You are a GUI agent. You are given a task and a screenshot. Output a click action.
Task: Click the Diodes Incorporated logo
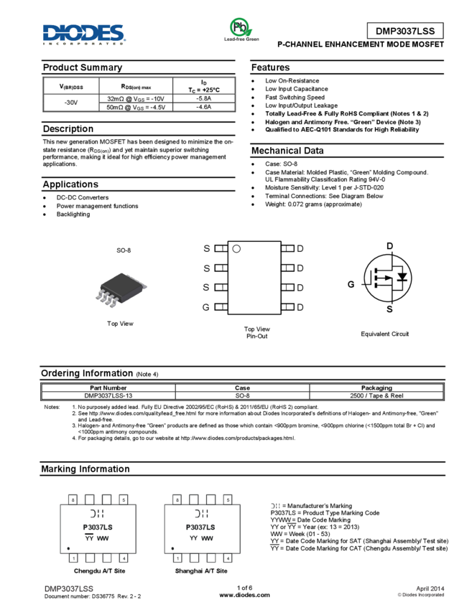[x=84, y=34]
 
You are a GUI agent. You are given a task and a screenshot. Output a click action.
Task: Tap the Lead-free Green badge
[x=241, y=29]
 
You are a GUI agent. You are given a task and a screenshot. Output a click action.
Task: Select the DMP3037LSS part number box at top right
[x=405, y=31]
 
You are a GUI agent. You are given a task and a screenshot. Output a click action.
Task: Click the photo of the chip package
[x=121, y=290]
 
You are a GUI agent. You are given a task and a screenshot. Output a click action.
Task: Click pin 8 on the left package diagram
[x=73, y=499]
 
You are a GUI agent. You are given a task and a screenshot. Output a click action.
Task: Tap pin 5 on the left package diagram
[x=124, y=499]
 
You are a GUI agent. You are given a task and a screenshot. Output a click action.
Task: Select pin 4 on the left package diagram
[x=124, y=558]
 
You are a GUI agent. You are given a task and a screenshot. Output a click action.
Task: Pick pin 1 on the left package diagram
[x=73, y=558]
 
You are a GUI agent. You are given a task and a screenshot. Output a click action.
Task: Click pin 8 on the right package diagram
[x=177, y=499]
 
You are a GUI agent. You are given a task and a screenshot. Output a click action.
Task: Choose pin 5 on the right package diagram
[x=228, y=499]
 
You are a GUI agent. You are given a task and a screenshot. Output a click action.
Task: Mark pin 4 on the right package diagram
[x=228, y=558]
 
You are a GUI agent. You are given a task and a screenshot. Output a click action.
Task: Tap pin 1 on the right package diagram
[x=177, y=558]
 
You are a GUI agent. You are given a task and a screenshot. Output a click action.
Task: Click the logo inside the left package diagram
[x=97, y=514]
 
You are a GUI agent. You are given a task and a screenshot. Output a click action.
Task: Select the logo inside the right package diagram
[x=201, y=514]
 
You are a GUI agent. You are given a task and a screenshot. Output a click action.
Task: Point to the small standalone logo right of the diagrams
[x=274, y=506]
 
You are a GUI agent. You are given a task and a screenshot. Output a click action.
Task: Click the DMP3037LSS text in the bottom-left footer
[x=69, y=588]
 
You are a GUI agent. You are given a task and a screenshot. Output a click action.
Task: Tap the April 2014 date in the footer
[x=430, y=588]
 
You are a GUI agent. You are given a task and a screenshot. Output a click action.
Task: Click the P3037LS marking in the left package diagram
[x=98, y=527]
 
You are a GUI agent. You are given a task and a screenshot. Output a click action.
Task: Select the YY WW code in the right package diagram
[x=202, y=537]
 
